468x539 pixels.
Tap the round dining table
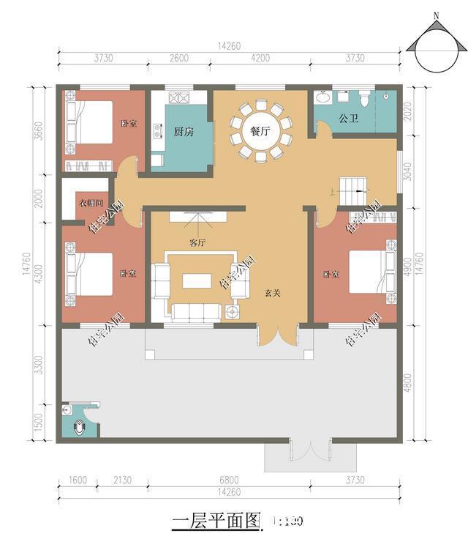point(260,132)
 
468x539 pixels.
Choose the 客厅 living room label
point(197,242)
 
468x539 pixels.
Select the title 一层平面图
point(216,521)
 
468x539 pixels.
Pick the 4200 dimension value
point(260,59)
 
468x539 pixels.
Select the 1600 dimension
point(78,480)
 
